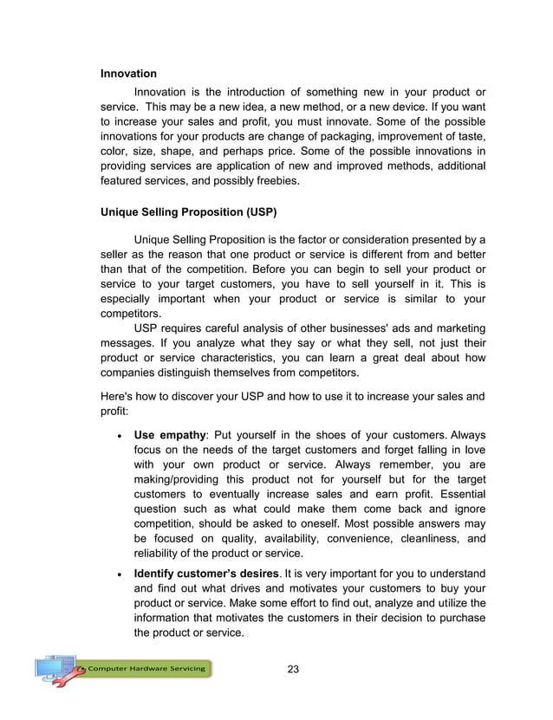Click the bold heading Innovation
point(129,74)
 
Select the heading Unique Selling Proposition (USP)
point(189,211)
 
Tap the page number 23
point(293,668)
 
